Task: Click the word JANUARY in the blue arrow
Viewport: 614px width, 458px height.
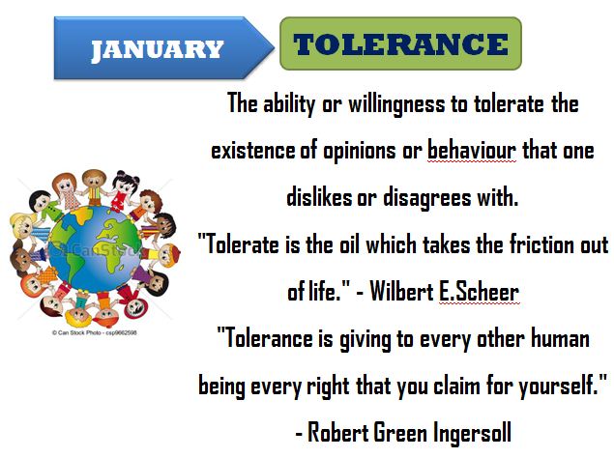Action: [157, 50]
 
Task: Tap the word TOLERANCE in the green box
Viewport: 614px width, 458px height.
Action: [400, 43]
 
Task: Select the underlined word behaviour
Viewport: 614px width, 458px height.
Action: [472, 151]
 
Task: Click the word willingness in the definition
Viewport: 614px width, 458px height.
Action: [396, 104]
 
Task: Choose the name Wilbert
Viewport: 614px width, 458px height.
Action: [401, 292]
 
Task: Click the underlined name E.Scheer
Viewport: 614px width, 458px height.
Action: [479, 292]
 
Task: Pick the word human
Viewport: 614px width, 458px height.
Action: [560, 338]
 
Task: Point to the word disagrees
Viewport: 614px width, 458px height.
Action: [426, 198]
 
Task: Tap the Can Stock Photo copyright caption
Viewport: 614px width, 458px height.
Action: [95, 332]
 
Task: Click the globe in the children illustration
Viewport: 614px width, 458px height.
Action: [94, 249]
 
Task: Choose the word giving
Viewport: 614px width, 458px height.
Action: [365, 339]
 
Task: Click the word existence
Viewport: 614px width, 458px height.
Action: [253, 151]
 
